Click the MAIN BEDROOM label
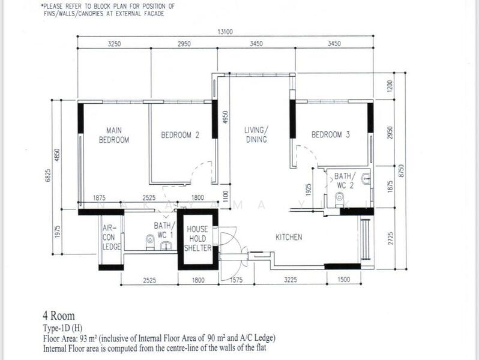[114, 135]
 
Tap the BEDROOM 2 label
[180, 135]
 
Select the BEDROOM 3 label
[331, 134]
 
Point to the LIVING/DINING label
[256, 134]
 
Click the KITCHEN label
[289, 237]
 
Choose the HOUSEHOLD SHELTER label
[197, 238]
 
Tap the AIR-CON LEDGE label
[112, 237]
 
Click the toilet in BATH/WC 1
[150, 242]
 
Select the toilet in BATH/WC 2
[339, 200]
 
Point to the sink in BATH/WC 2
[366, 179]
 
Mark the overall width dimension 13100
[225, 32]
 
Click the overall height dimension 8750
[402, 170]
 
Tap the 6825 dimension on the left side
[48, 176]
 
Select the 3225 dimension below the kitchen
[290, 280]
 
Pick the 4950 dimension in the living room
[226, 117]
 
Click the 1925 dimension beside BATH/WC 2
[309, 190]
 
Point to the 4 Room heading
[59, 316]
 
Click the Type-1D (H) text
[62, 328]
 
